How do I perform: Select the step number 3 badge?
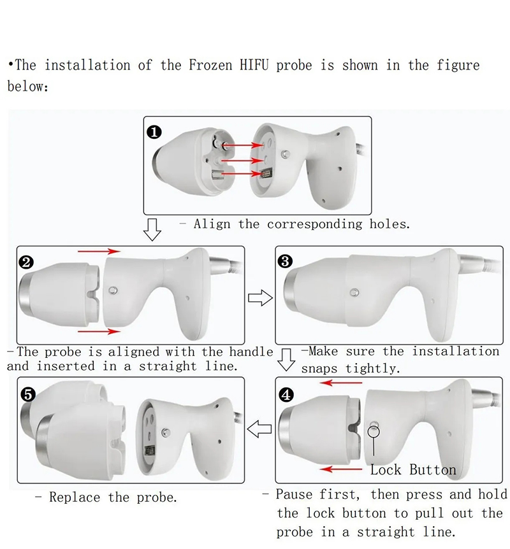point(286,261)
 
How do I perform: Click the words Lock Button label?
point(413,470)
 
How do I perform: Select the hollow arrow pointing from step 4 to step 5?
point(259,430)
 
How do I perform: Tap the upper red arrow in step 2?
point(99,252)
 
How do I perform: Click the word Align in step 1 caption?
point(213,224)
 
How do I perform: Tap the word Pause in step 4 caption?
point(296,495)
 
